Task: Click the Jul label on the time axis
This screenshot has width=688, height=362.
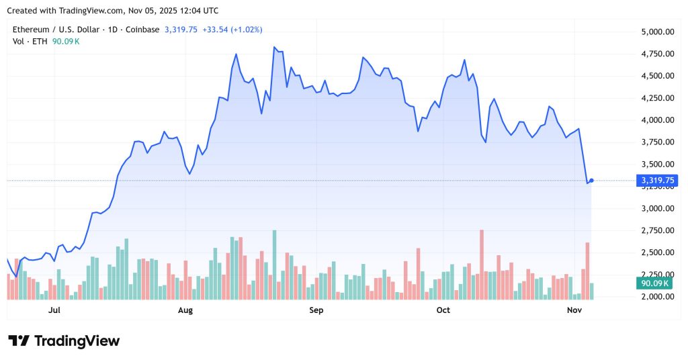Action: point(54,310)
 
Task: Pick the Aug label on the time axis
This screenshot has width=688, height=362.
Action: point(185,310)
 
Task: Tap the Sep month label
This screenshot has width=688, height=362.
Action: point(316,310)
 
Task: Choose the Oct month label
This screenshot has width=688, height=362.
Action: point(443,310)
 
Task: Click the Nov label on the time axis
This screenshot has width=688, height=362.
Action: point(574,310)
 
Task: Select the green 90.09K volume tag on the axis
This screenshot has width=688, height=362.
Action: point(656,284)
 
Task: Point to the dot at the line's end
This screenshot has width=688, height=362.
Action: point(591,180)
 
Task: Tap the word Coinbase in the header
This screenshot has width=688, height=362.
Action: point(142,30)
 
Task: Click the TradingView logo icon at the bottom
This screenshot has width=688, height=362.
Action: point(19,341)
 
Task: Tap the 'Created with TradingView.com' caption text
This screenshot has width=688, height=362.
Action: point(67,11)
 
